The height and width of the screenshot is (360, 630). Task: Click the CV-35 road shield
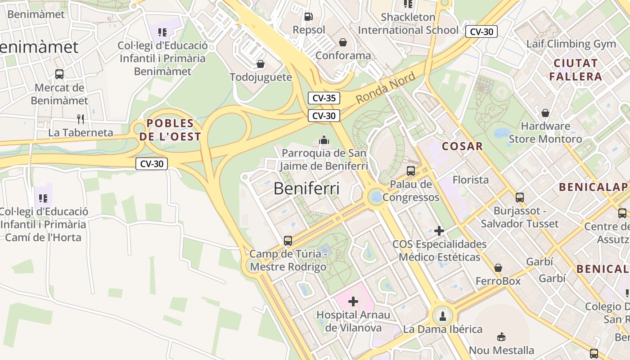click(324, 98)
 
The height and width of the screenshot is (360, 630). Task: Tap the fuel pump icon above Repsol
click(309, 17)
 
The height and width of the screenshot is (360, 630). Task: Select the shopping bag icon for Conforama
click(343, 42)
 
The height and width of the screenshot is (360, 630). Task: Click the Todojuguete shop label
click(261, 77)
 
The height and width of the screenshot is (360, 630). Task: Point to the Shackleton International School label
click(408, 24)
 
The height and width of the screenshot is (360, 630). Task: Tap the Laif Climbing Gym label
click(571, 44)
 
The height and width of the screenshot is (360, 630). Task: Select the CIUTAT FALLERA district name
click(576, 70)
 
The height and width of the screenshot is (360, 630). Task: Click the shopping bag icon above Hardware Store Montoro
click(545, 112)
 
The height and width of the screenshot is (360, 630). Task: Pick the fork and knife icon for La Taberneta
click(81, 119)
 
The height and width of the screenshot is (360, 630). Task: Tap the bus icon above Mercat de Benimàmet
click(59, 74)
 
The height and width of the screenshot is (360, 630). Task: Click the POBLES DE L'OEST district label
click(170, 130)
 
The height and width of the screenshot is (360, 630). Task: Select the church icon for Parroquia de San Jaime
click(324, 140)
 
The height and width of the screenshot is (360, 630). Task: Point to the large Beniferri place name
click(306, 189)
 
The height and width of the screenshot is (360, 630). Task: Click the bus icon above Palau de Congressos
click(410, 171)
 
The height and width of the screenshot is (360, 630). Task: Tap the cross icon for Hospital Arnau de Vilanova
click(353, 301)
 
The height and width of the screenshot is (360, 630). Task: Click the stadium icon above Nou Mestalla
click(501, 337)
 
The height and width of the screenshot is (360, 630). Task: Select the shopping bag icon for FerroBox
click(498, 268)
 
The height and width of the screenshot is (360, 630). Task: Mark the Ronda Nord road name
click(386, 88)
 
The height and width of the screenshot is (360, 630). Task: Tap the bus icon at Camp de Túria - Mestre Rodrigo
click(288, 241)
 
